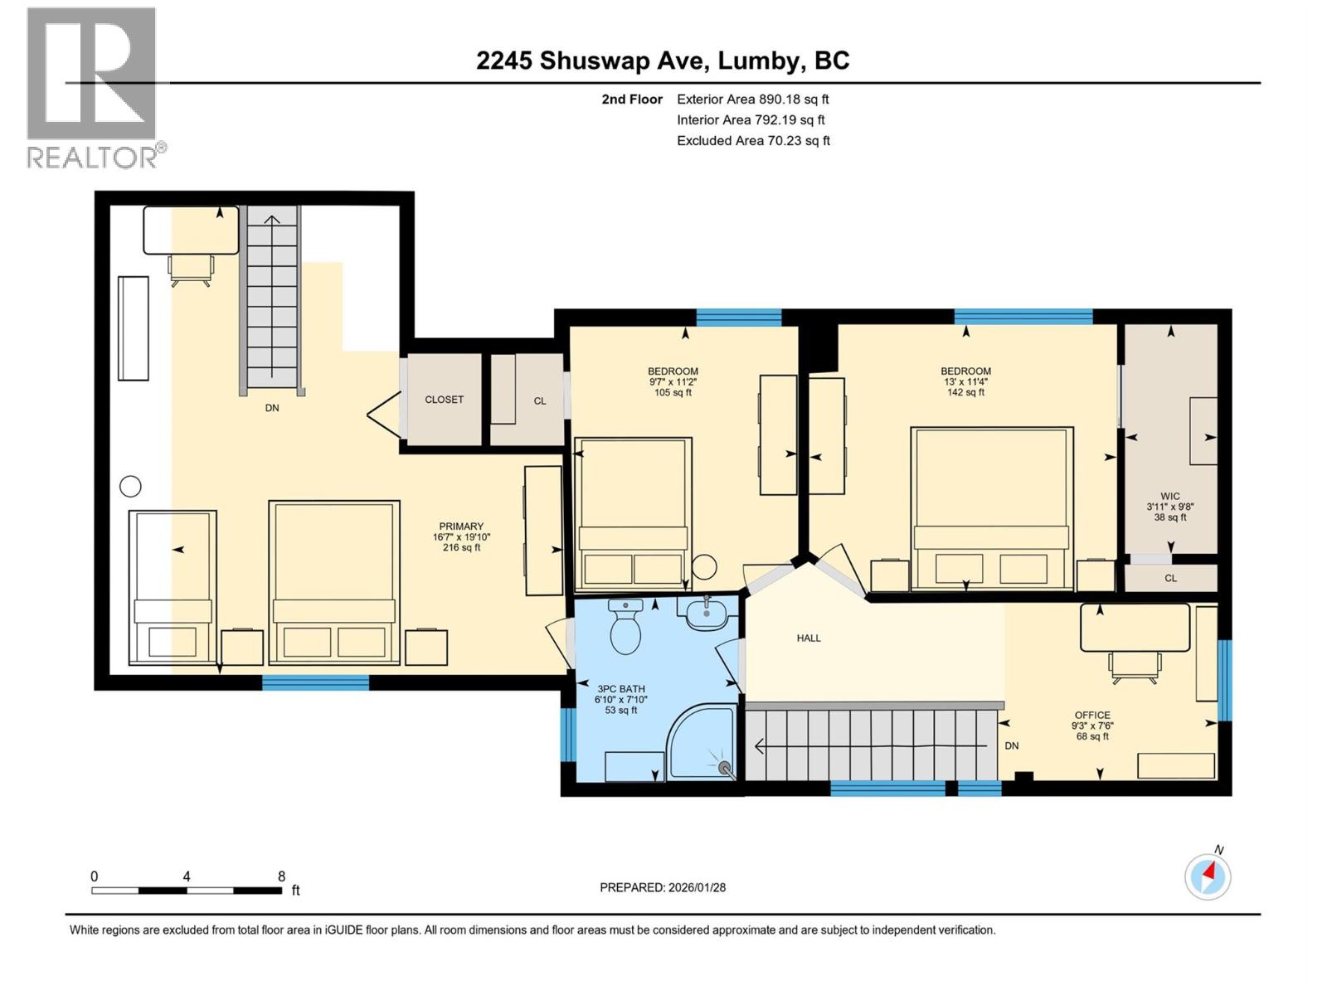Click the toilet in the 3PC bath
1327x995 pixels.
(x=625, y=629)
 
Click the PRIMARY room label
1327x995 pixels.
(x=461, y=527)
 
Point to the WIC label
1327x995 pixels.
(x=1170, y=497)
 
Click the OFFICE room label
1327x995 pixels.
(x=1092, y=715)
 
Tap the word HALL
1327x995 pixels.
(x=809, y=638)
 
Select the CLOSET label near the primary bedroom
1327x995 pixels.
(x=444, y=400)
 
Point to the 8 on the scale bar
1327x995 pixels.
(x=282, y=876)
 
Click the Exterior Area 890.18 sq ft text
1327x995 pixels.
(x=752, y=99)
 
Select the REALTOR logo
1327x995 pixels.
(x=92, y=87)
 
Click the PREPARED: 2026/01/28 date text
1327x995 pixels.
(x=663, y=887)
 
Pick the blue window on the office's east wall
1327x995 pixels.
(x=1225, y=680)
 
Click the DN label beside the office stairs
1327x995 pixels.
(x=1012, y=745)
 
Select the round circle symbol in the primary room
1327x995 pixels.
(x=130, y=487)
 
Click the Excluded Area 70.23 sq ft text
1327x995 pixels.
(x=753, y=140)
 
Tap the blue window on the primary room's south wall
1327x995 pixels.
(x=315, y=682)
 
